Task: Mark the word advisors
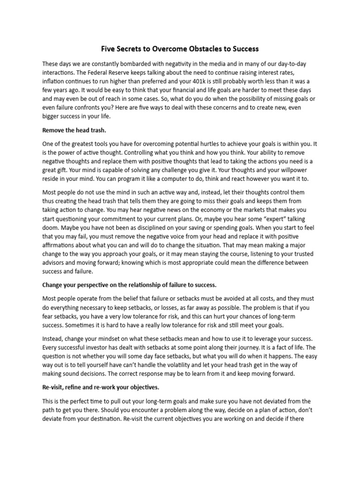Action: click(x=54, y=262)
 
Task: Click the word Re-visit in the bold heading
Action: click(x=53, y=387)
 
